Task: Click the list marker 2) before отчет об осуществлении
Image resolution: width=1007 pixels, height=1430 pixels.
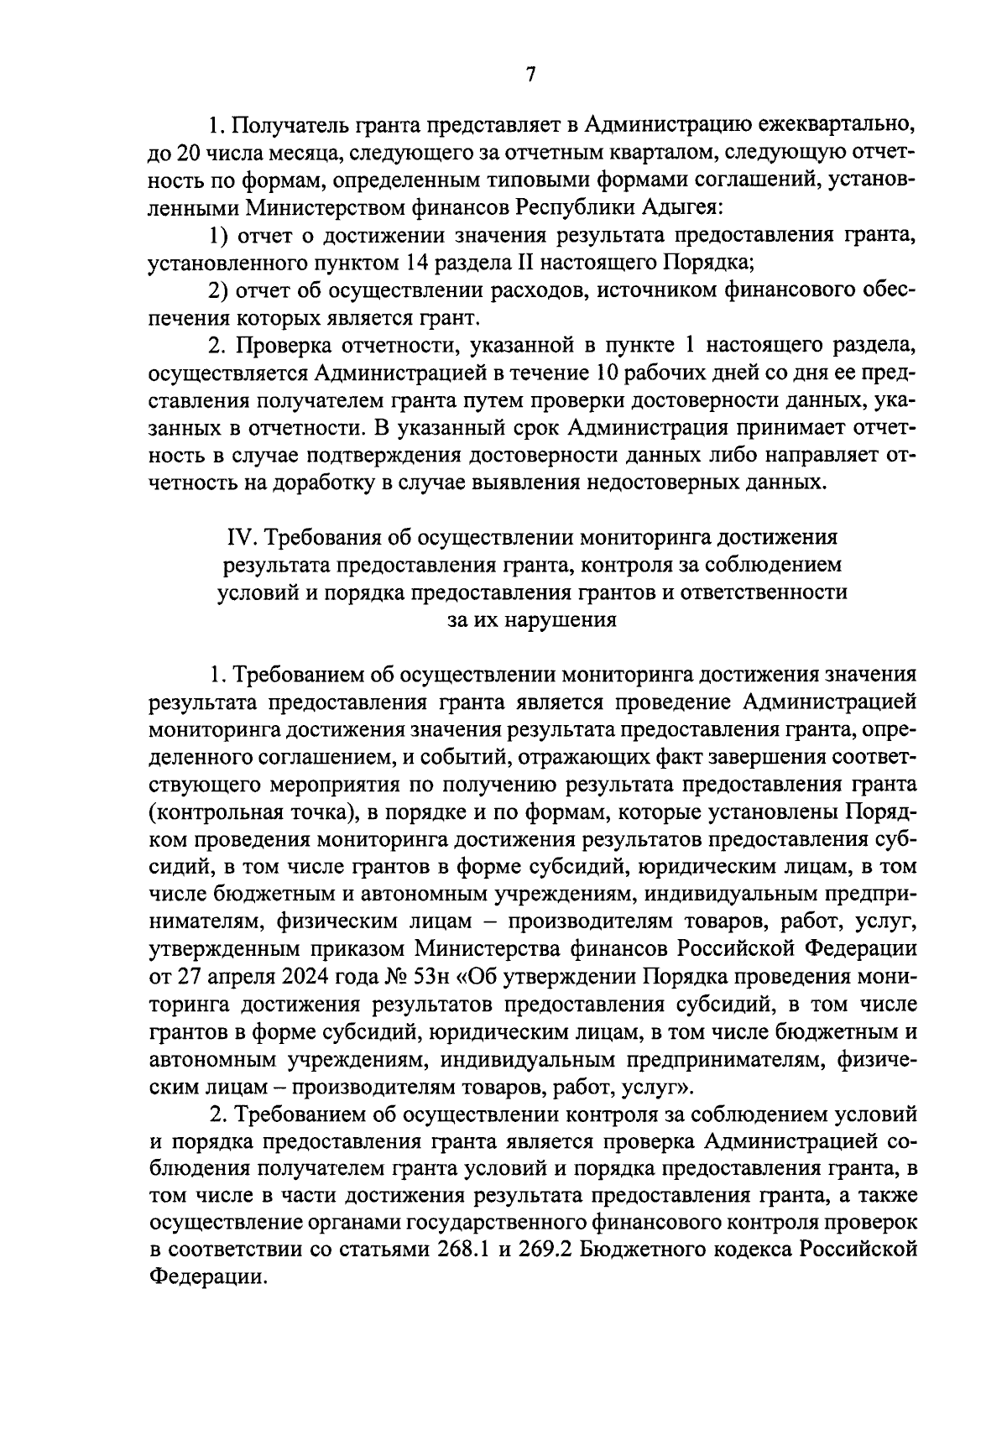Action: [x=220, y=290]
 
